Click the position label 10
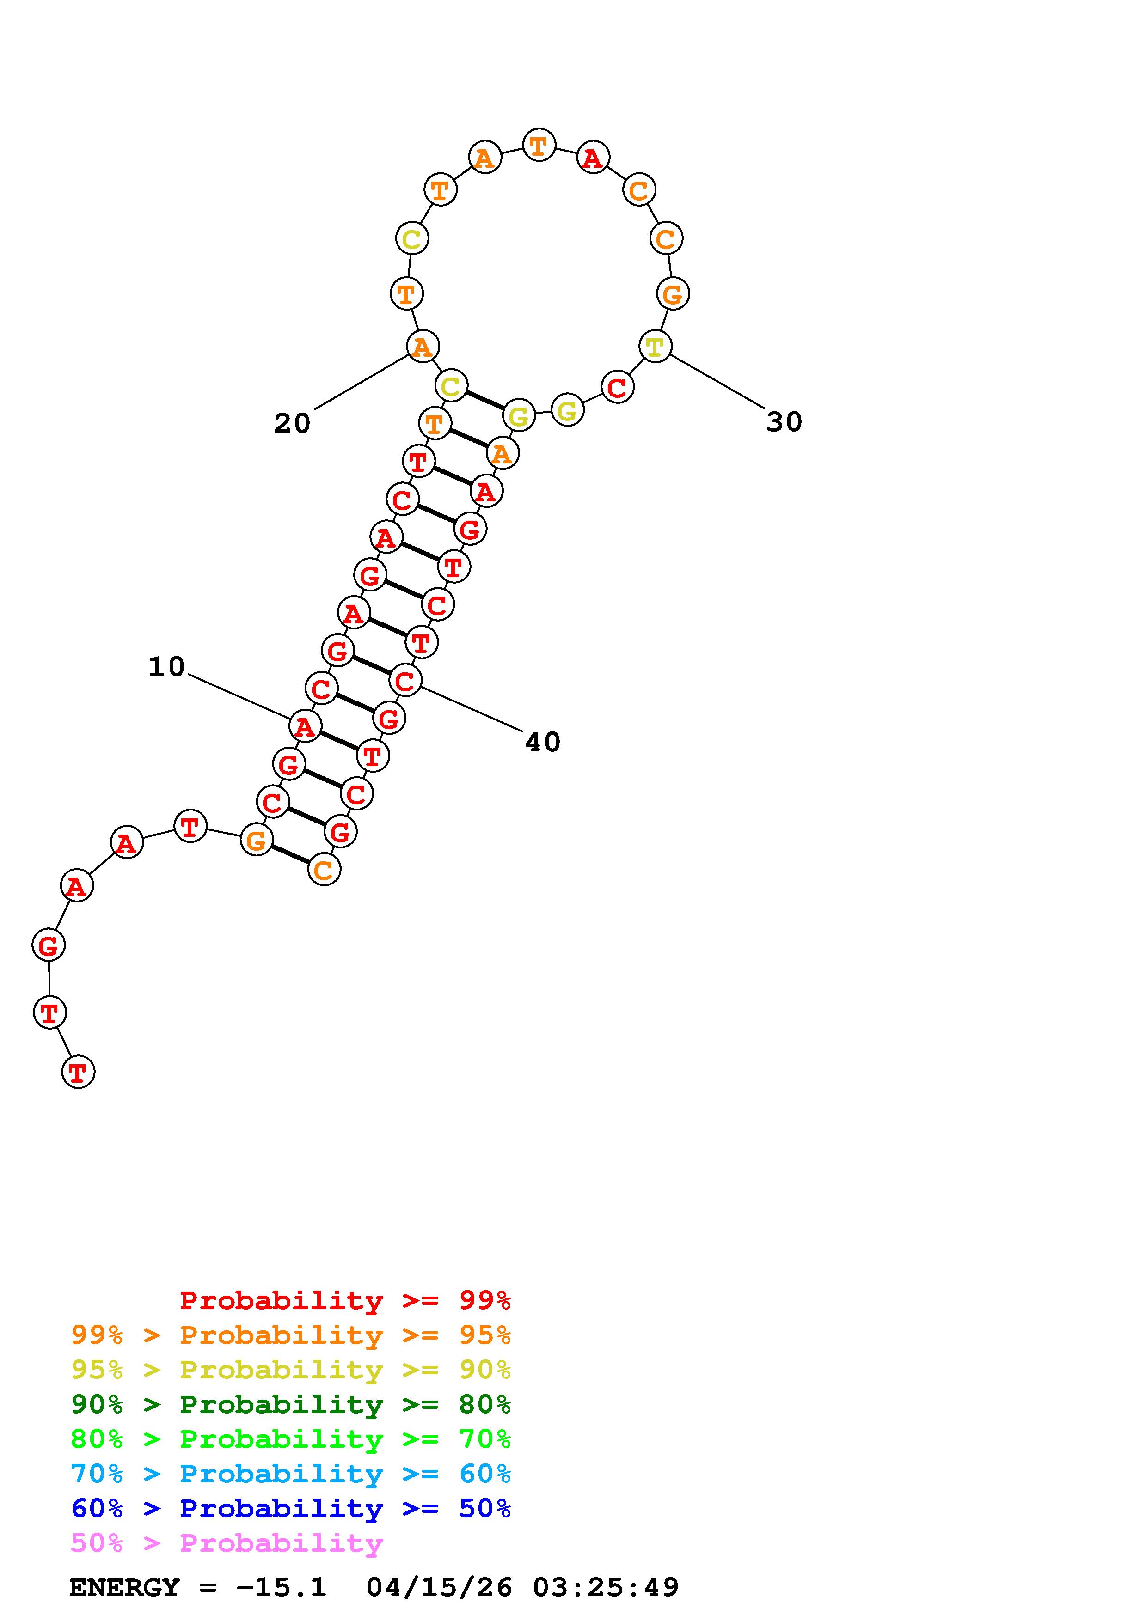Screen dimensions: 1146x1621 pos(166,666)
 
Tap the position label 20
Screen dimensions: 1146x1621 pos(292,424)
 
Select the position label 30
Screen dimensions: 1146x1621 pos(784,422)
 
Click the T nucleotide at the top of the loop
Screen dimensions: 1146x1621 pos(539,146)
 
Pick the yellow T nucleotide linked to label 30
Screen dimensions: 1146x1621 pos(655,346)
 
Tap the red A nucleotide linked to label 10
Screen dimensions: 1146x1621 pos(305,726)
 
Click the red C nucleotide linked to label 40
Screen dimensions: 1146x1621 pos(405,681)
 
